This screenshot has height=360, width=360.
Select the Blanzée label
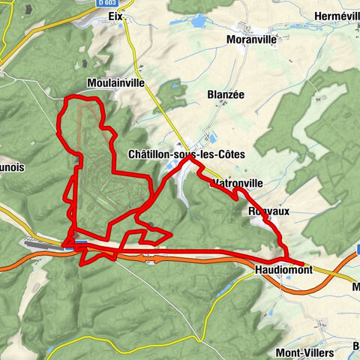tap(226, 95)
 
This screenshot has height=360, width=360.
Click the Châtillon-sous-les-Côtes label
tap(187, 154)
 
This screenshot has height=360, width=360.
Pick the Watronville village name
tap(238, 182)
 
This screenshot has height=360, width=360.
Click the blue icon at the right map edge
tap(357, 248)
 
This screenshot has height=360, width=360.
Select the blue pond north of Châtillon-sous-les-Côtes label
tap(207, 138)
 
